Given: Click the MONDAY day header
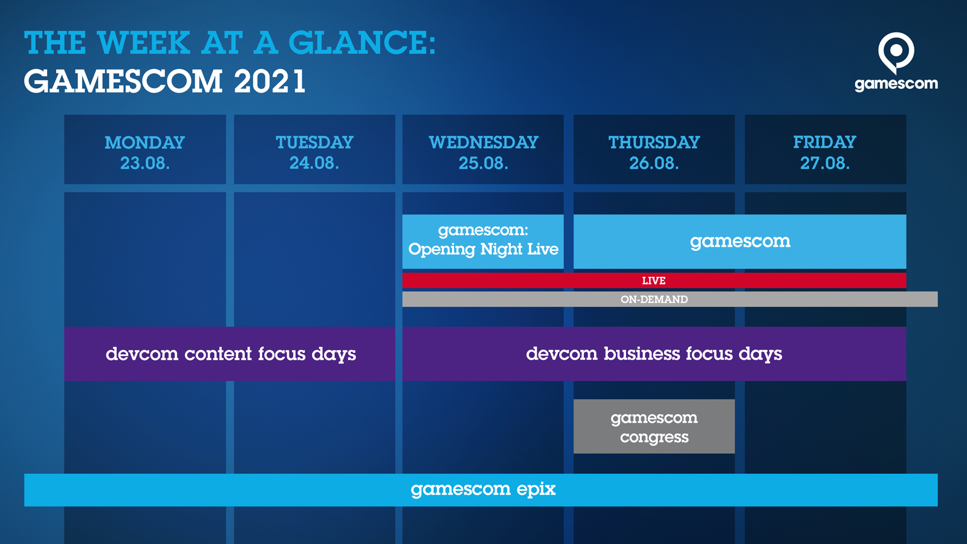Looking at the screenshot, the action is (x=144, y=143).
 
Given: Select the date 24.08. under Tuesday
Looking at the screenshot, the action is (x=314, y=163).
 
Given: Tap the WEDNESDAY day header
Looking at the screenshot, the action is (x=483, y=143).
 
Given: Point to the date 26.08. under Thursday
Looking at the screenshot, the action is (x=654, y=163).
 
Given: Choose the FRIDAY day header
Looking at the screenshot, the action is (x=824, y=143).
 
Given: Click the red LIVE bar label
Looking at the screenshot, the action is (x=653, y=280).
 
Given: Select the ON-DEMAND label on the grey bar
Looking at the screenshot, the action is (x=654, y=299).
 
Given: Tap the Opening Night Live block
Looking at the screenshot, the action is (x=483, y=242).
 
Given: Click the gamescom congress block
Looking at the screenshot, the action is (x=654, y=427).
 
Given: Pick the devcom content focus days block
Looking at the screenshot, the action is (x=230, y=354).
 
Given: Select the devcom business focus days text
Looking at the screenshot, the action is (x=654, y=354).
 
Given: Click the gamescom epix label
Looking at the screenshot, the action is (x=483, y=490).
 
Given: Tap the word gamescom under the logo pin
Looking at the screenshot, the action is (x=896, y=84).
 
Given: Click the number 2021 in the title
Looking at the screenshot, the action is (x=270, y=81).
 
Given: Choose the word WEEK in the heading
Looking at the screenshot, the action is (x=144, y=43).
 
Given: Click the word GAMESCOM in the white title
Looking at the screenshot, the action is (x=123, y=81).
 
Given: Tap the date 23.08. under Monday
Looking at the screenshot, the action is (x=144, y=163).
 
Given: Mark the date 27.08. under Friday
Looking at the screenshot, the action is (x=824, y=163).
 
